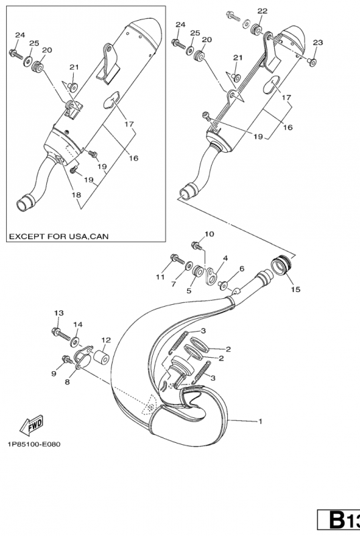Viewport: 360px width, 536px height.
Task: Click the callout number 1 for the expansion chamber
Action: pyautogui.click(x=261, y=421)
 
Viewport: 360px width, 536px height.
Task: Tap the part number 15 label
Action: pyautogui.click(x=295, y=289)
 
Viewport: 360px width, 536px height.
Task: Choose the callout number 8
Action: pyautogui.click(x=67, y=382)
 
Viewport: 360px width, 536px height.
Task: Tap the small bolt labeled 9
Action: pyautogui.click(x=66, y=360)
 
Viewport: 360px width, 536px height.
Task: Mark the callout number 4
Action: pyautogui.click(x=225, y=257)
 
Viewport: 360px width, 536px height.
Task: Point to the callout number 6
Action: pyautogui.click(x=241, y=269)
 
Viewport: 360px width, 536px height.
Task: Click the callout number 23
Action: pyautogui.click(x=317, y=42)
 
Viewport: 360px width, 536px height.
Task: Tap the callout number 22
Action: pyautogui.click(x=262, y=11)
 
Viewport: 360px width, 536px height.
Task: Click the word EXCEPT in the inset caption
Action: pyautogui.click(x=27, y=236)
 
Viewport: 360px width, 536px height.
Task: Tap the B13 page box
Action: pyautogui.click(x=341, y=521)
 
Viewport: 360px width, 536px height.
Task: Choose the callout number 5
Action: pyautogui.click(x=189, y=290)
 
